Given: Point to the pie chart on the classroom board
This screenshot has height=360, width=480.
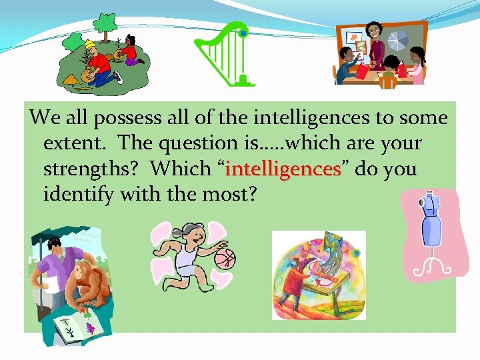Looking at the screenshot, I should (x=399, y=40).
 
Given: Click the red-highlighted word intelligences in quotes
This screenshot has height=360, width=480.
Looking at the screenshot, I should (x=283, y=169).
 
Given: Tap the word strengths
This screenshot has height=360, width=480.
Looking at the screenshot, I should (x=93, y=169).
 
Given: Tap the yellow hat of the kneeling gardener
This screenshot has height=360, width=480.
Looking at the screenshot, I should (x=90, y=44).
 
